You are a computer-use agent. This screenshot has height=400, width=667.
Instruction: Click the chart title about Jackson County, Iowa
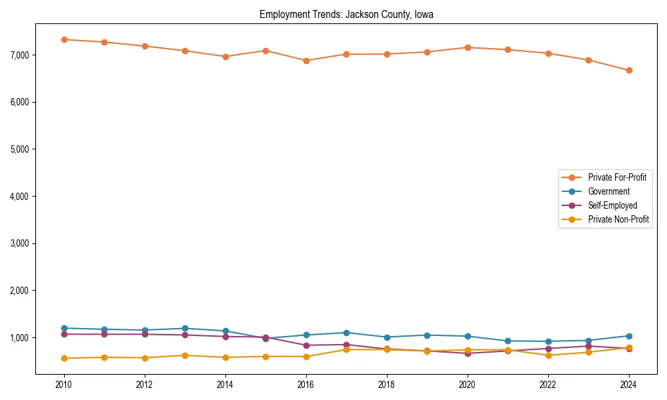(346, 15)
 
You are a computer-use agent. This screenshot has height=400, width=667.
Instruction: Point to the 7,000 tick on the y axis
(19, 55)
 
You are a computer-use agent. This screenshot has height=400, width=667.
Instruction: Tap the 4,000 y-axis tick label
(19, 197)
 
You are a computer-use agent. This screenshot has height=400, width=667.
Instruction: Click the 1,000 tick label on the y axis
(19, 338)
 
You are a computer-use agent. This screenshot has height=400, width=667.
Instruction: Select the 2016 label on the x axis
(306, 385)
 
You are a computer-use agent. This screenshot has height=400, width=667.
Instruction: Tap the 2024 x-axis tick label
(629, 385)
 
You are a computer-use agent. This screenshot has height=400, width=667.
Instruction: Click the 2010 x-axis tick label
(64, 385)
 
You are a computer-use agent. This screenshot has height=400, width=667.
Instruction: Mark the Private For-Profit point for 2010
(64, 39)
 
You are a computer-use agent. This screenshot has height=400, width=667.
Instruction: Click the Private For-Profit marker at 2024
(629, 70)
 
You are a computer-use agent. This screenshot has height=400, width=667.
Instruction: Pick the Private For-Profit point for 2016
(306, 61)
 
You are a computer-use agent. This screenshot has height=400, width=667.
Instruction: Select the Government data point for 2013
(185, 328)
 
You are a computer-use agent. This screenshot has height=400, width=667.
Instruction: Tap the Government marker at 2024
(629, 336)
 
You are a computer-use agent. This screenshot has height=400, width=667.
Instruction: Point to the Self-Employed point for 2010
(64, 334)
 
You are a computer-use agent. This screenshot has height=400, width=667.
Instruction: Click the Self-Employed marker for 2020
(468, 353)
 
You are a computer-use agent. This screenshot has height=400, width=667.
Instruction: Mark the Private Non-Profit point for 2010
(64, 358)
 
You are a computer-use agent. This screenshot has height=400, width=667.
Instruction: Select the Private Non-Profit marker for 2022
(548, 355)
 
